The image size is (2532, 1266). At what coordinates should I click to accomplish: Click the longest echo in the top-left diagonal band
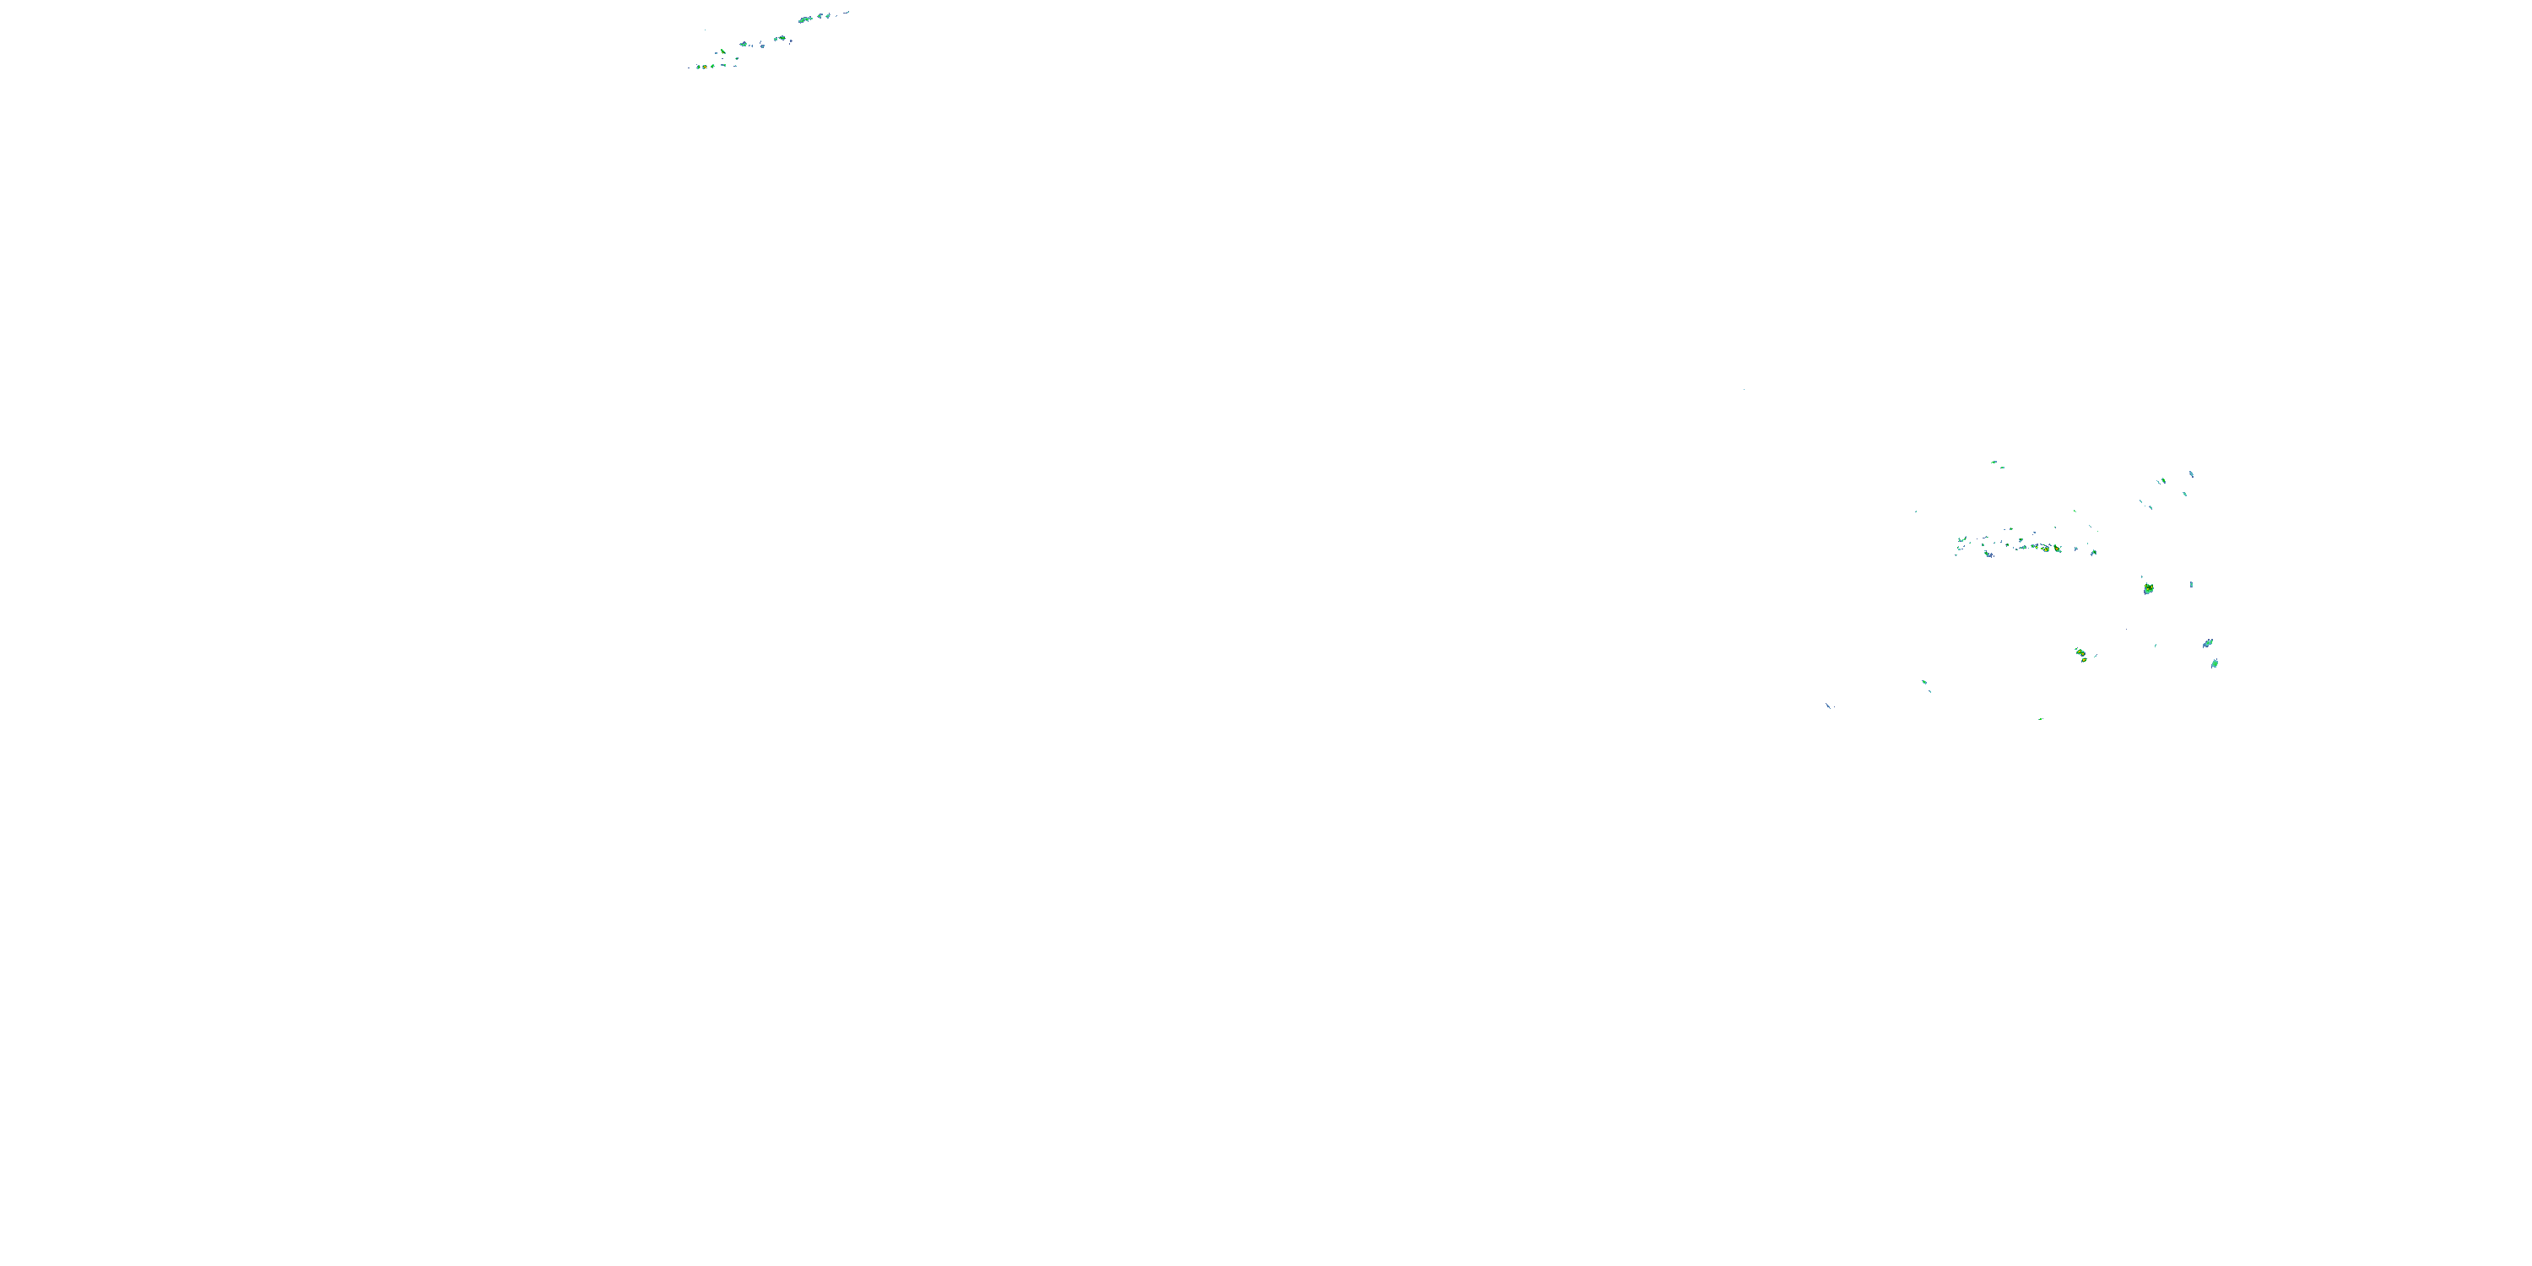806,19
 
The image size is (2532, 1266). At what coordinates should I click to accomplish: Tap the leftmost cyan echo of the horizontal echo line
1961,541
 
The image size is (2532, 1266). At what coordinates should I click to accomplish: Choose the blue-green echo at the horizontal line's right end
2092,553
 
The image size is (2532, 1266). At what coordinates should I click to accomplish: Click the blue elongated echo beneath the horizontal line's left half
1988,555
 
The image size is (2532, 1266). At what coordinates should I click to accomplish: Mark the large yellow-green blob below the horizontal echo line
2148,589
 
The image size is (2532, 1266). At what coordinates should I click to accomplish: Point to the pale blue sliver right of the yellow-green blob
2191,585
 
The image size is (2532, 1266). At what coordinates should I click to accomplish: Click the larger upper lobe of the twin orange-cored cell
2080,652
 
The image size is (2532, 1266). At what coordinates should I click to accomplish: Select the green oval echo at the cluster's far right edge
2215,663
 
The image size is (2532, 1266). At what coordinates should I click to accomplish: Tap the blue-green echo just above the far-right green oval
2207,644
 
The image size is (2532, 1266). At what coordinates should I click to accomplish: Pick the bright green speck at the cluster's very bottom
2041,718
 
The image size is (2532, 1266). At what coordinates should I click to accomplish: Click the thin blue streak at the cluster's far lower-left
1828,705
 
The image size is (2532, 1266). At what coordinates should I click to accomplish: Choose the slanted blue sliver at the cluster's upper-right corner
2191,474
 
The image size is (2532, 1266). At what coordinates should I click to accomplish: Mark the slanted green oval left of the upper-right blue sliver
2161,480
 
